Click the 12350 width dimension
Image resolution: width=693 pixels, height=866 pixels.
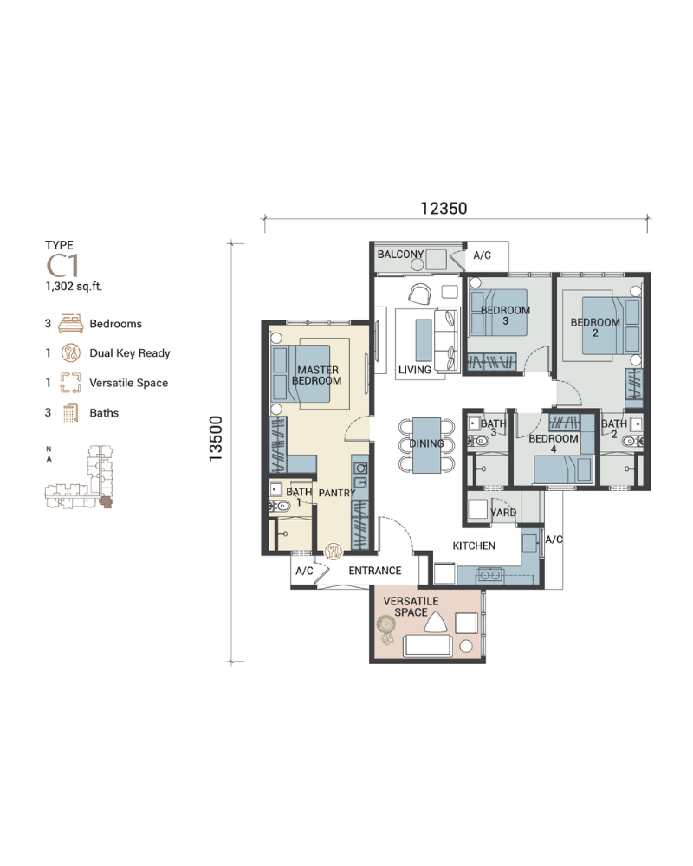tap(444, 208)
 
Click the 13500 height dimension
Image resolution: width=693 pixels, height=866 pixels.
tap(215, 438)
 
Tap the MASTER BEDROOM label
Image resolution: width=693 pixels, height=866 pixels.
tap(317, 375)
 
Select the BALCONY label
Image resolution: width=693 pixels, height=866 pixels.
tap(401, 254)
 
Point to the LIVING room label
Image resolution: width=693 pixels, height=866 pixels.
tap(414, 370)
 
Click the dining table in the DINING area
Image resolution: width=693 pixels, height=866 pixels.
tap(427, 445)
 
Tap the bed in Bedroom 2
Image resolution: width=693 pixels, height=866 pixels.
tap(611, 326)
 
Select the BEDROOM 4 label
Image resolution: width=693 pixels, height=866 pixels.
tap(554, 443)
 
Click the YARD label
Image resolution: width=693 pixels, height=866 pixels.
tap(503, 513)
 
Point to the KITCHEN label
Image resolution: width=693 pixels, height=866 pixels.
tap(474, 546)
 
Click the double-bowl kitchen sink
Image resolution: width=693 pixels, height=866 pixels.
tap(490, 576)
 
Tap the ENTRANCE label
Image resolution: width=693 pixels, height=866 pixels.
tap(375, 571)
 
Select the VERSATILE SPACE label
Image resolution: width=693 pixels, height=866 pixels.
tap(411, 606)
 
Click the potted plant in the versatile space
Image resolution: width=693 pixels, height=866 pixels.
tap(386, 630)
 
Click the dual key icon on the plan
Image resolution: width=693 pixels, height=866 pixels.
tap(333, 551)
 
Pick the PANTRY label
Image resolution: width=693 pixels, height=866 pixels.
tap(337, 493)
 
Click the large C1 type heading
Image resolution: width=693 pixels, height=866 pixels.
tap(62, 266)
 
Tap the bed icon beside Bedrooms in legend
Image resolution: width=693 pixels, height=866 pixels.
tap(71, 323)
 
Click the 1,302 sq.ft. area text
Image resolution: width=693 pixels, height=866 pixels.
tap(74, 287)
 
